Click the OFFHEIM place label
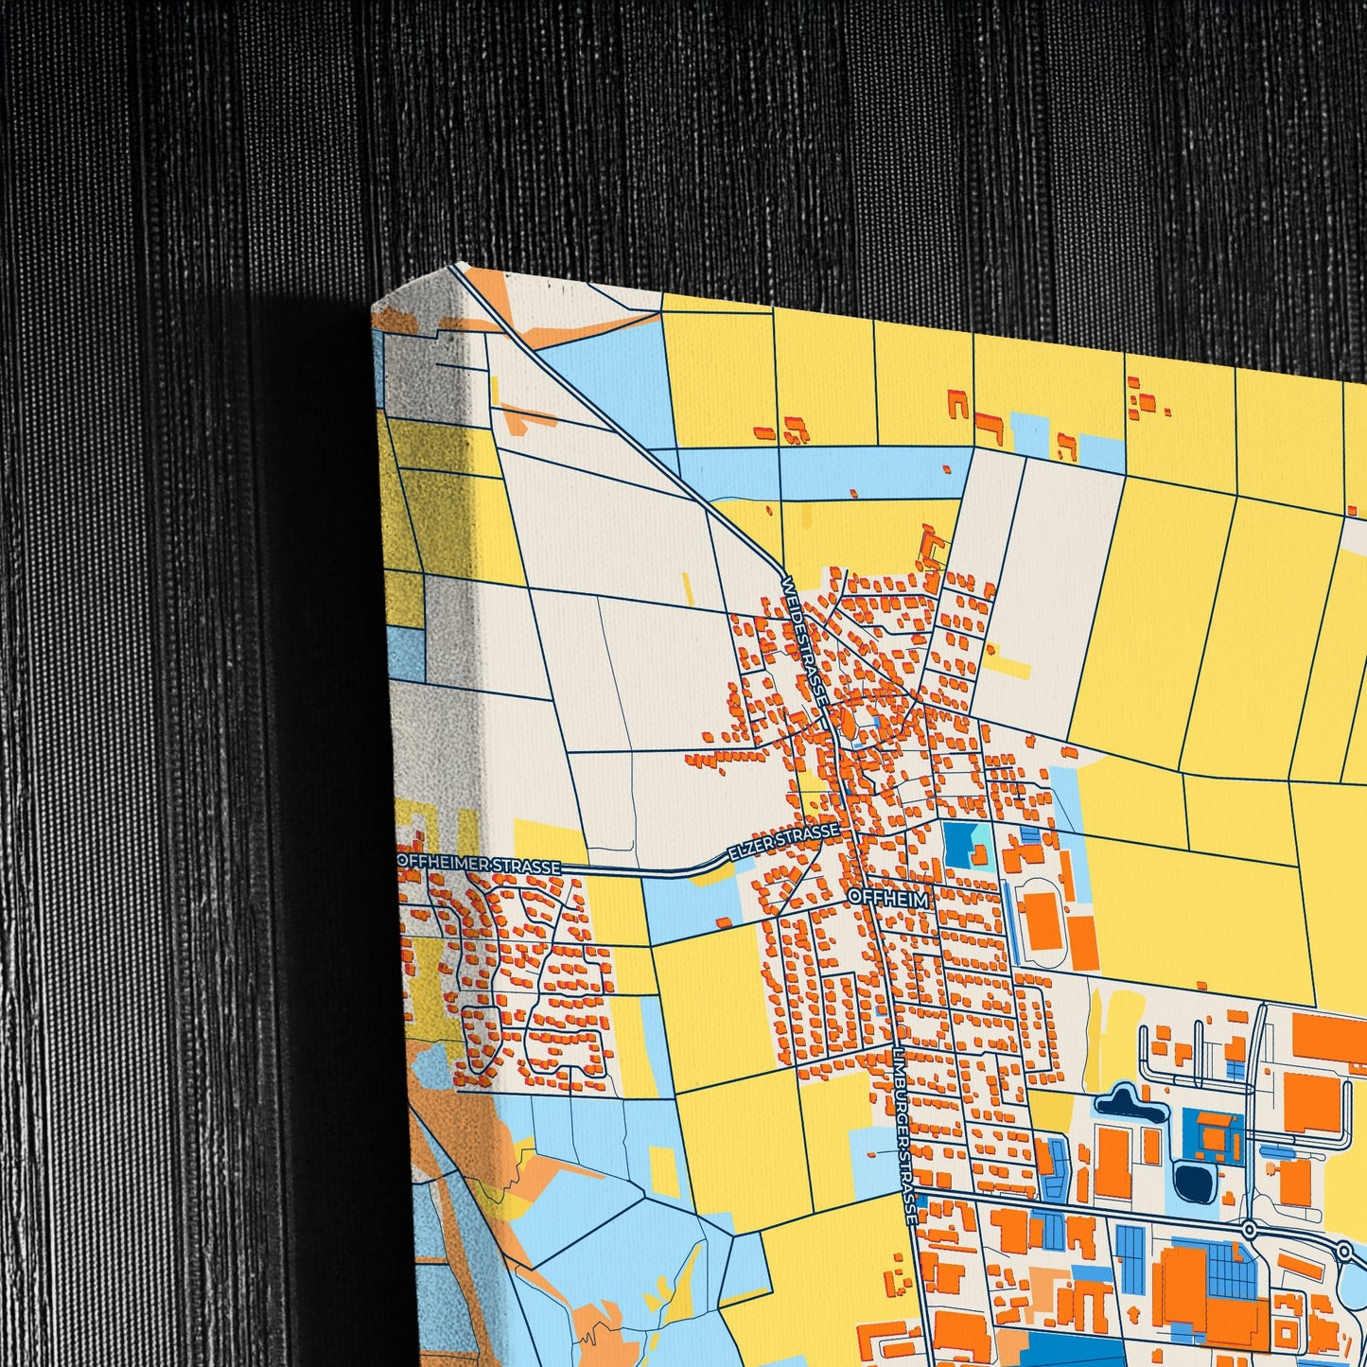pos(890,898)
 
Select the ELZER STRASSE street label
pos(782,843)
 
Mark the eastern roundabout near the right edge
pos(1345,1253)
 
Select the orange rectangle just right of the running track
pos(1083,942)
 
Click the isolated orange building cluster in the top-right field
pos(1146,402)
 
